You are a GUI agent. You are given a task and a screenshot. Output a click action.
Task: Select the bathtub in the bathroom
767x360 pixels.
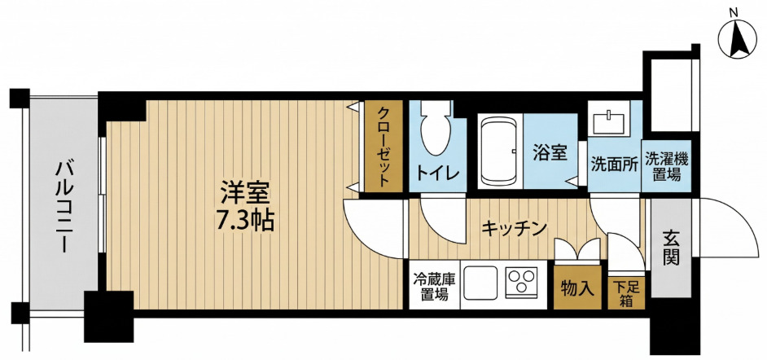[500, 151]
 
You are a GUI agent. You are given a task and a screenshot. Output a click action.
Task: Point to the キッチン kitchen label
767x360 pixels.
[513, 228]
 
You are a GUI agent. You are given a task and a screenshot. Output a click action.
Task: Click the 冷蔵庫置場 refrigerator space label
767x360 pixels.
[433, 286]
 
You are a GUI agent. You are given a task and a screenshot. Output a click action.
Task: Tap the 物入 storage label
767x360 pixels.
[576, 288]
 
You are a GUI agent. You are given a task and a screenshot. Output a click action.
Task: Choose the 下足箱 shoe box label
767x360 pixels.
[627, 292]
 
